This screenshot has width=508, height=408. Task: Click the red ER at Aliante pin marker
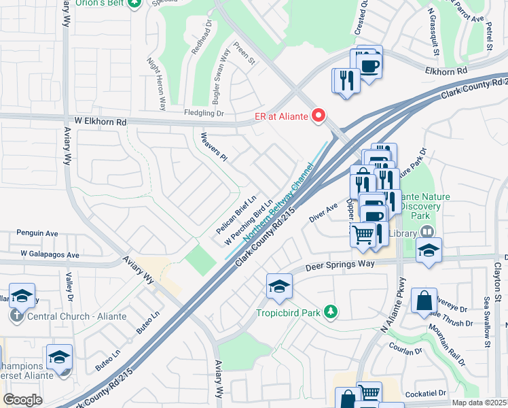click(318, 116)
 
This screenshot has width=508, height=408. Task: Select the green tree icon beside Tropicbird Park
click(331, 312)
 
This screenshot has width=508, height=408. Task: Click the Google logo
click(22, 399)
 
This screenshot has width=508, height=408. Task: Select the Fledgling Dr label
click(204, 114)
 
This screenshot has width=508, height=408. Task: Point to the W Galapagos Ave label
click(50, 255)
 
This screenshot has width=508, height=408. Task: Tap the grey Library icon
click(426, 232)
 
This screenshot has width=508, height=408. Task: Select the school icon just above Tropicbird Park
click(279, 287)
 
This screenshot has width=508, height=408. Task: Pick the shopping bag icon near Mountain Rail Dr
click(424, 301)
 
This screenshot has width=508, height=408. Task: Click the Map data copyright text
click(479, 403)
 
